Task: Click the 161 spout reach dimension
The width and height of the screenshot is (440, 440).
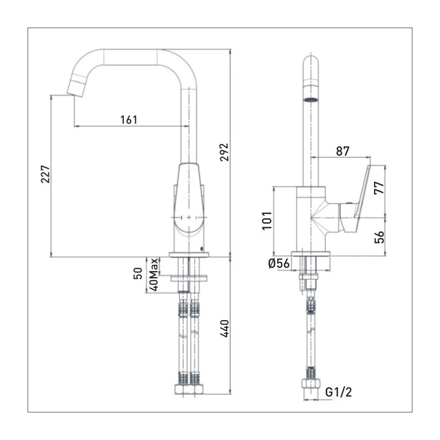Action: click(128, 119)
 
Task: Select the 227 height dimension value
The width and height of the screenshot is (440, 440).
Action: click(46, 175)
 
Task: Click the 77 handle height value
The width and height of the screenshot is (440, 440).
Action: click(379, 188)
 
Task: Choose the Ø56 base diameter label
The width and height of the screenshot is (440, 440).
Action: click(279, 263)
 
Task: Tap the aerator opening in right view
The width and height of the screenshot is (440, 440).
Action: click(311, 100)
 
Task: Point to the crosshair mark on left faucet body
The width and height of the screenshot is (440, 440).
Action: click(190, 218)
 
